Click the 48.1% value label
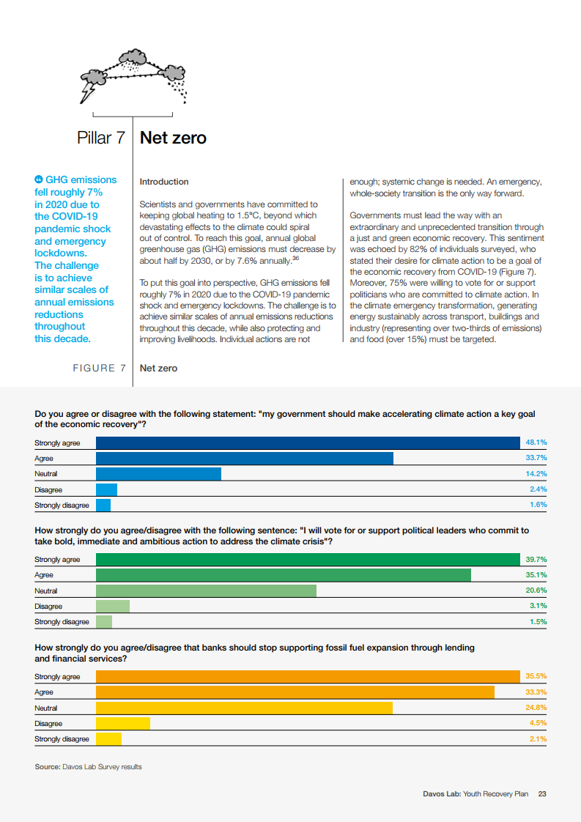click(536, 443)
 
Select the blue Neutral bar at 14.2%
click(158, 474)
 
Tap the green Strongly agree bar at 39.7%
click(308, 560)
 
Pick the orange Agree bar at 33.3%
click(295, 692)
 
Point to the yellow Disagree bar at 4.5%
click(123, 723)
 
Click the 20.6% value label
click(536, 590)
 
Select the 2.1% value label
click(538, 738)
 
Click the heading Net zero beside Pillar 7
click(173, 138)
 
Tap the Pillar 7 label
click(100, 138)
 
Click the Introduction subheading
click(164, 182)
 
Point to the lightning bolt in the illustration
click(87, 92)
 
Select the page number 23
click(542, 793)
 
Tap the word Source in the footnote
click(47, 767)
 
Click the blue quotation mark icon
click(39, 179)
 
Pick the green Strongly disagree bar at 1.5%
click(104, 621)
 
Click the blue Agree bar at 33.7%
click(244, 459)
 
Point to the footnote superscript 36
click(295, 257)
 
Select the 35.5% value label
click(536, 676)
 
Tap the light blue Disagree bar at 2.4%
click(106, 489)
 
